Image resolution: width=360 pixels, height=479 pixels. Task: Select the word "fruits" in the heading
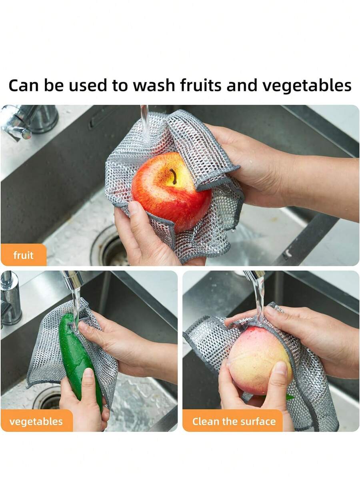click(200, 85)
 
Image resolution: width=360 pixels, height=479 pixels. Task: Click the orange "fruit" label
click(24, 255)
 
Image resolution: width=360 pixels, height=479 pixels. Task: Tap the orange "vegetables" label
click(36, 421)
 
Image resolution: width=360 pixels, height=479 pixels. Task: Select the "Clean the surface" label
click(234, 421)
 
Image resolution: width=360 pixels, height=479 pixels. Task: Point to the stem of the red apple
click(174, 177)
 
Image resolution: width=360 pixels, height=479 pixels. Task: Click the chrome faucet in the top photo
click(29, 121)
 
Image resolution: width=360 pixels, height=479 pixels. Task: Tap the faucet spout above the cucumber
click(72, 280)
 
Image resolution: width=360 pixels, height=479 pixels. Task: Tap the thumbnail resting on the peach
click(279, 368)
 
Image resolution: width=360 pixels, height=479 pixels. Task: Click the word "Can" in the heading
click(24, 86)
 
